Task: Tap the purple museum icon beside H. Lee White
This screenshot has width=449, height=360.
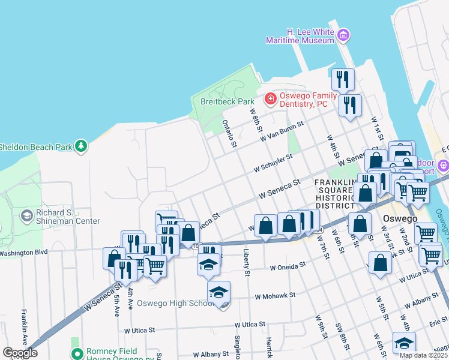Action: point(343,35)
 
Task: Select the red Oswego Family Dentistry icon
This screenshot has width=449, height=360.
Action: point(271,98)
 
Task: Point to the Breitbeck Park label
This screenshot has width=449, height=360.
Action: point(228,102)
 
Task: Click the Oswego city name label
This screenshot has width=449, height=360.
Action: point(401,219)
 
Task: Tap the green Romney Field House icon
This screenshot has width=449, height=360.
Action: point(76,355)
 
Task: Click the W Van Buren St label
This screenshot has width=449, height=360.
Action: point(282,131)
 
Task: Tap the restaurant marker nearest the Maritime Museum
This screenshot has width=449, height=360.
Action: point(343,79)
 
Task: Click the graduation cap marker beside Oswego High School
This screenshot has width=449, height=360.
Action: point(219,292)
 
